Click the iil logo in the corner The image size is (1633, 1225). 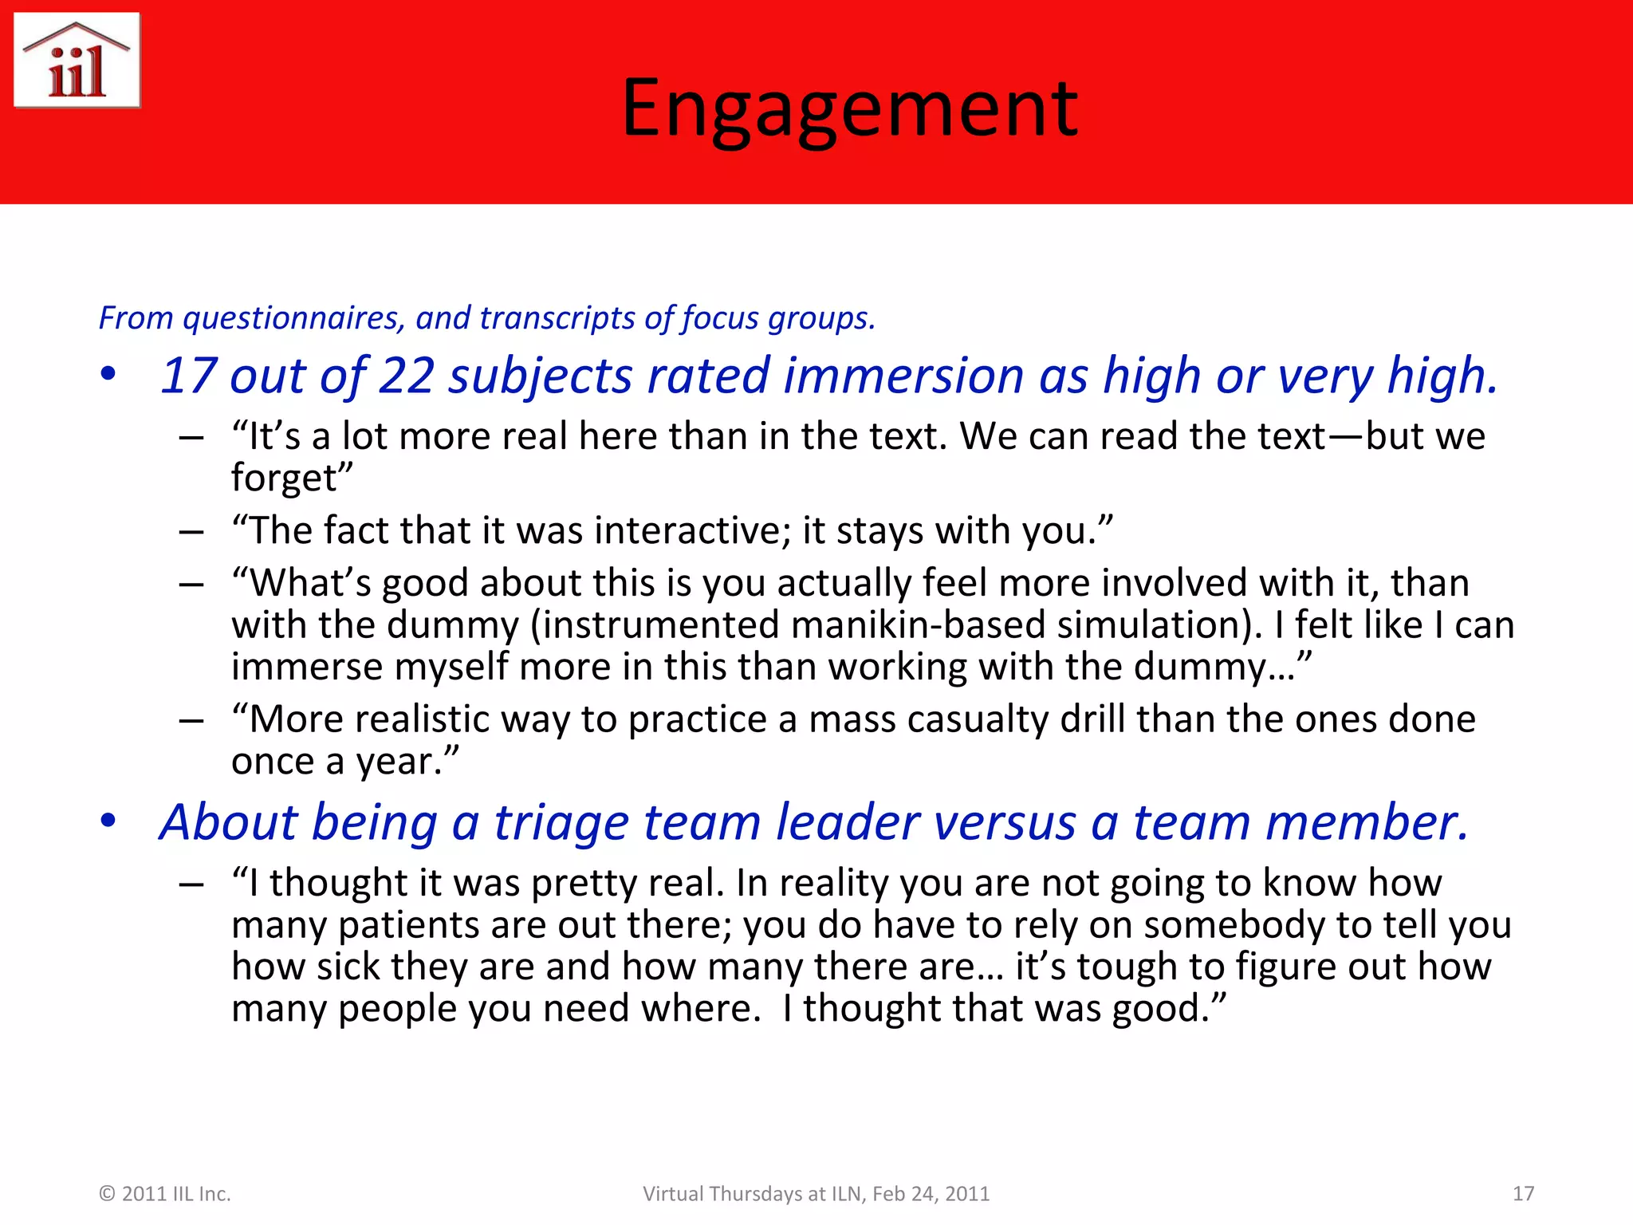click(x=77, y=61)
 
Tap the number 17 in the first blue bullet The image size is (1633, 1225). click(x=189, y=376)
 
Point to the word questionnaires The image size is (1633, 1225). click(x=292, y=318)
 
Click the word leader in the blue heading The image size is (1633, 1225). click(x=848, y=822)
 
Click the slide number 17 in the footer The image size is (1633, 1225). click(x=1523, y=1194)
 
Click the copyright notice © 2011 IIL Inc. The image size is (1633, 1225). click(x=164, y=1194)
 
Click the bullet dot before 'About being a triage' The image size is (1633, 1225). click(x=108, y=821)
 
